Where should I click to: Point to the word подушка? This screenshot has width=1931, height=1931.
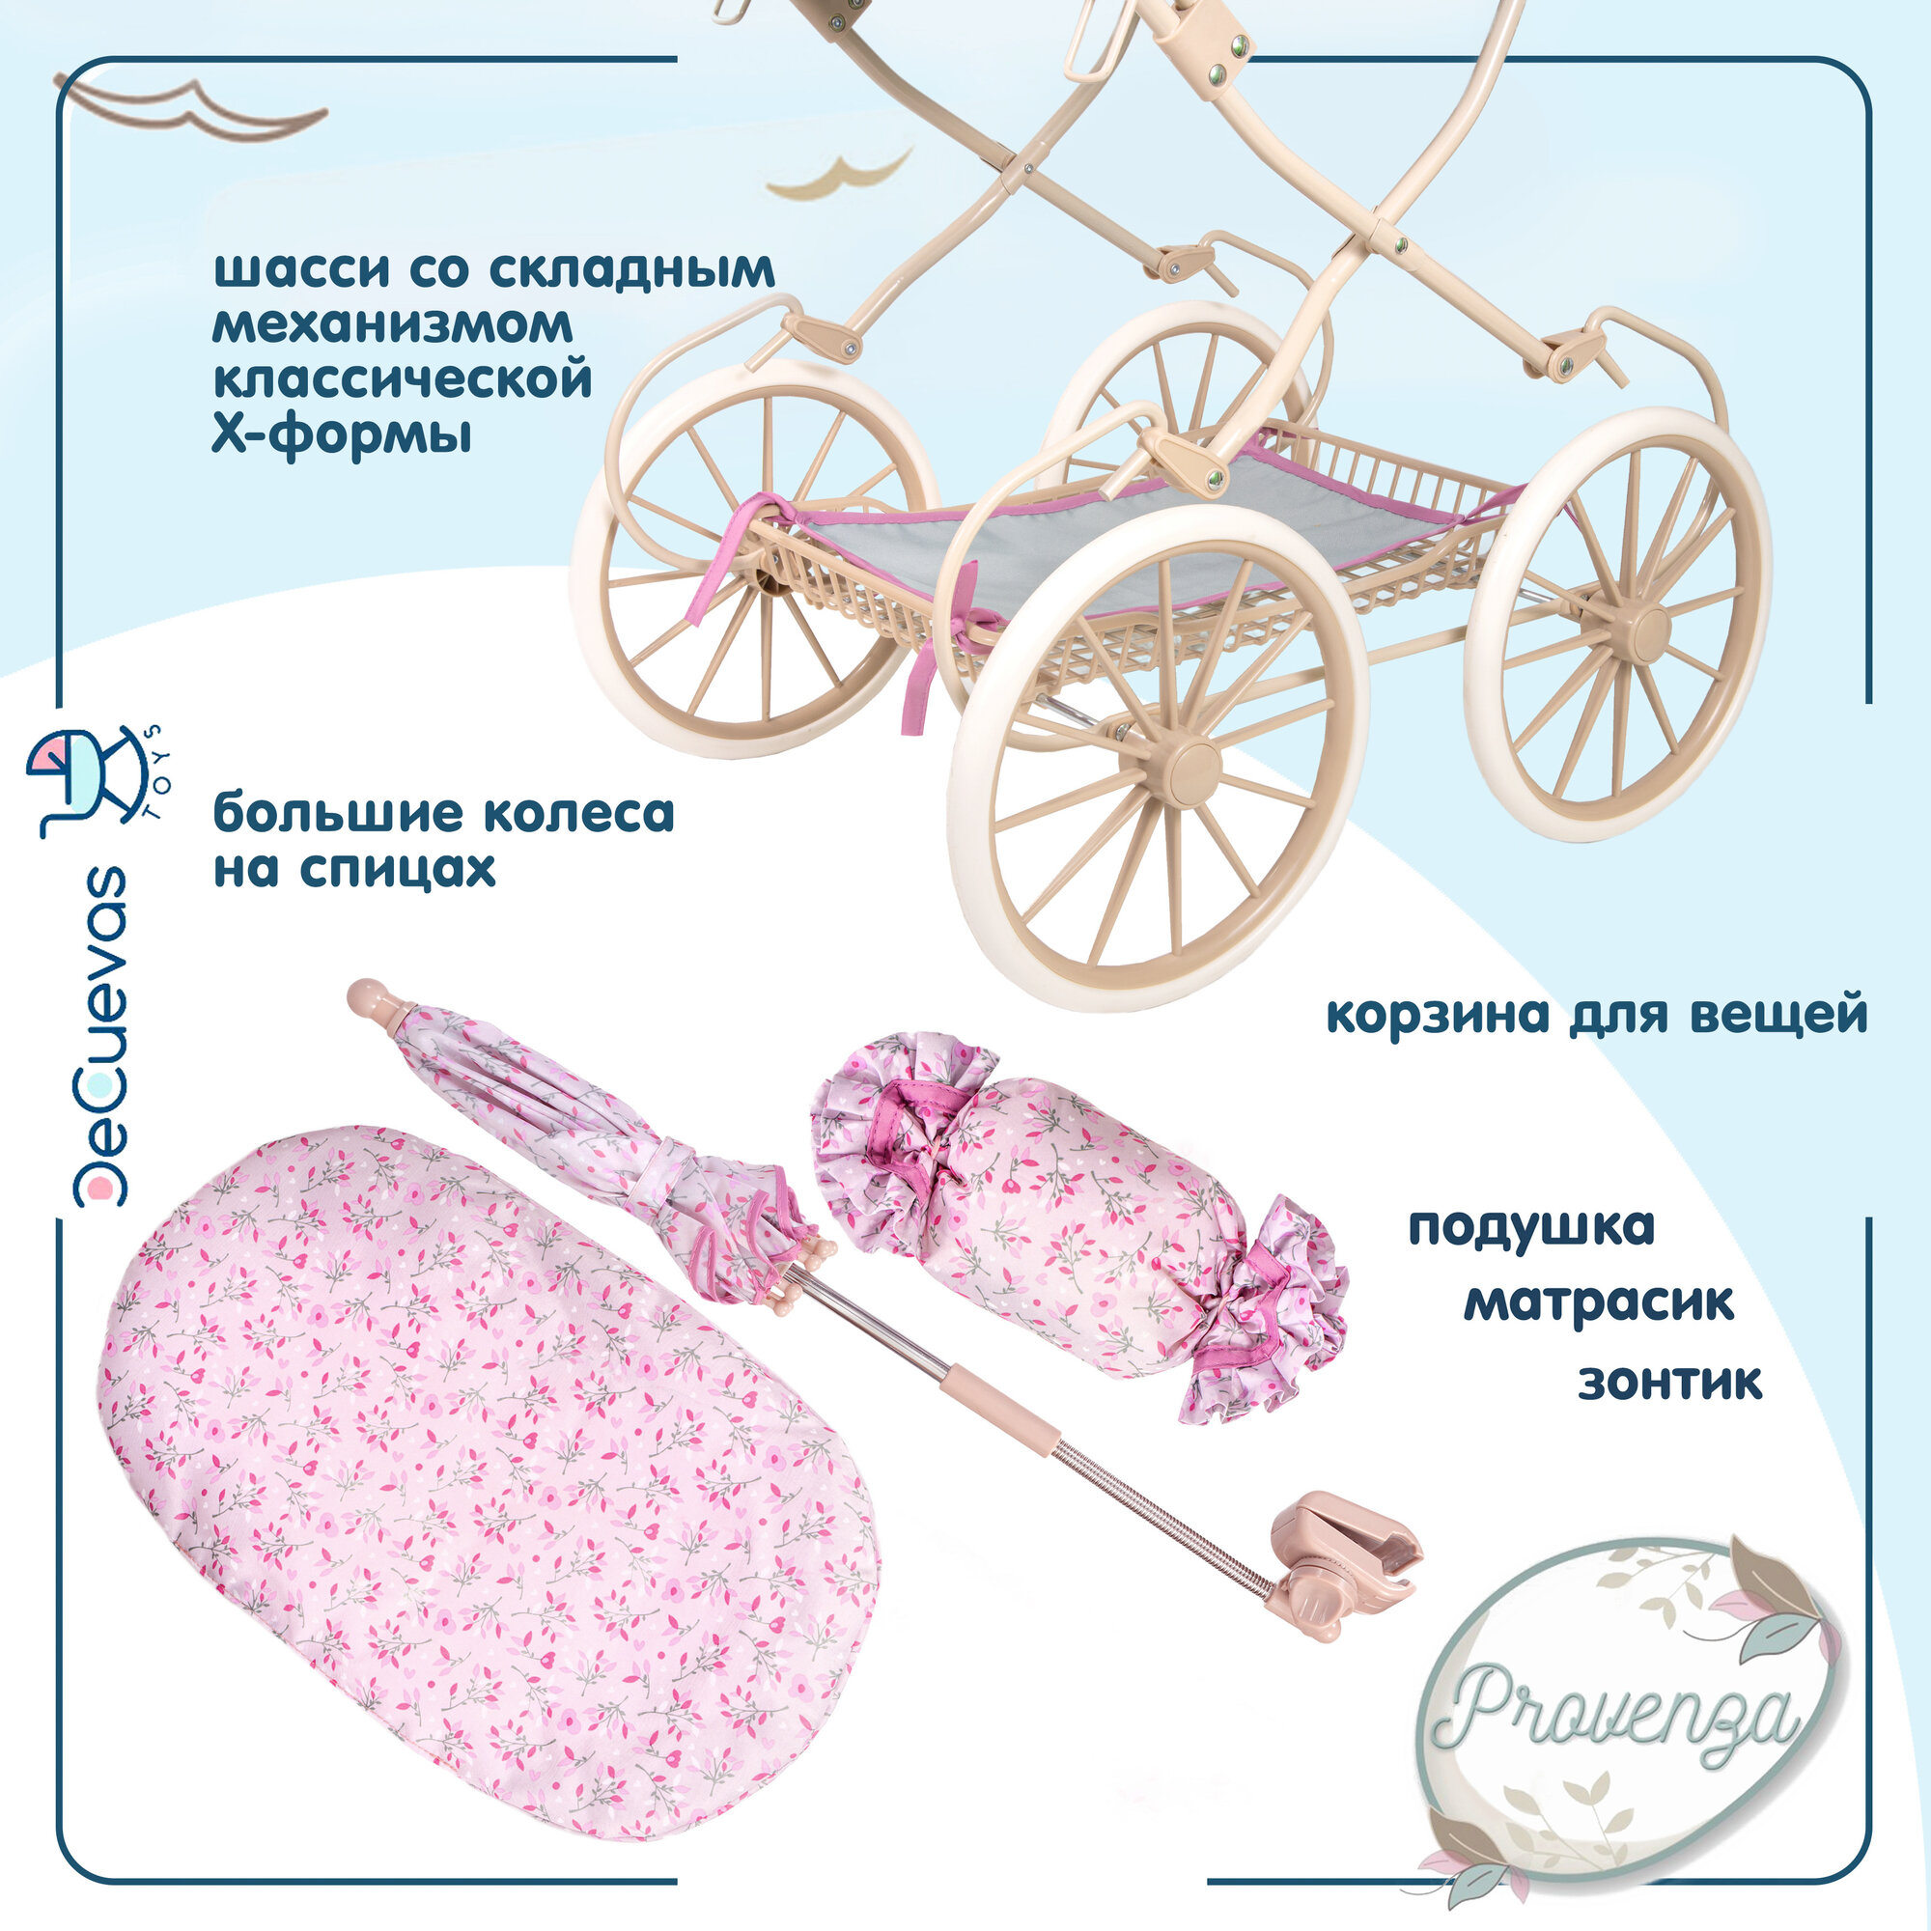point(1531,1226)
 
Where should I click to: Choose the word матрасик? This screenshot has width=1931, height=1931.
point(1598,1302)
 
